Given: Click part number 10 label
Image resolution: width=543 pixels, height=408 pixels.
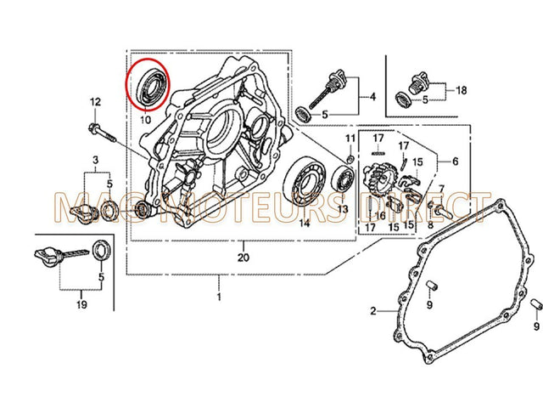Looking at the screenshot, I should [x=145, y=121].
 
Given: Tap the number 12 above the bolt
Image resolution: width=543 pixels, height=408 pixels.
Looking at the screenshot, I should [x=95, y=102].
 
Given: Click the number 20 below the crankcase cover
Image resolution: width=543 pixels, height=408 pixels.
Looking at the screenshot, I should [x=244, y=258].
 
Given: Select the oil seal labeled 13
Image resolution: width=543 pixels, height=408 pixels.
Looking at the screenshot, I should [x=343, y=179].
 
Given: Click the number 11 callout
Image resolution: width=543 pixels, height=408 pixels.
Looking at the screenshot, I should [x=350, y=138].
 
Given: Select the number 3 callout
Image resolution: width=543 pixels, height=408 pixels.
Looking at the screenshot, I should [x=96, y=160].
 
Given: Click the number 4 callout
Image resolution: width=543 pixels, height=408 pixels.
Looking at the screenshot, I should [x=371, y=97].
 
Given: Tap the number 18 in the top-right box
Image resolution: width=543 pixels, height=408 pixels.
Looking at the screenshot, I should [x=461, y=89].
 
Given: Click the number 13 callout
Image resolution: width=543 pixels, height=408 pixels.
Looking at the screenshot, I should [x=343, y=208].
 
